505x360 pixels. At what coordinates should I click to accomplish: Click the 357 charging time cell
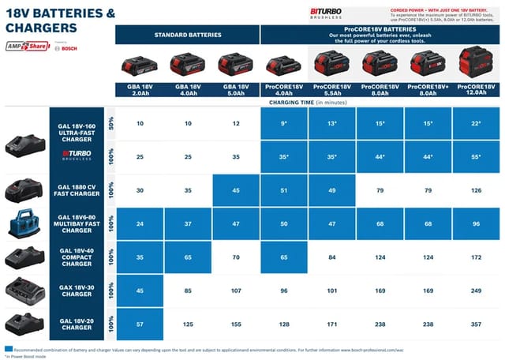coord(477,324)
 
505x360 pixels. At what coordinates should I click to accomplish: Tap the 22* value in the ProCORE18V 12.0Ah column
coord(477,123)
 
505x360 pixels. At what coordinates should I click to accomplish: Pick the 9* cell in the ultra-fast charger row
coord(285,123)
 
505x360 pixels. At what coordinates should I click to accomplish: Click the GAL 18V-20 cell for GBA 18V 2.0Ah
coord(140,324)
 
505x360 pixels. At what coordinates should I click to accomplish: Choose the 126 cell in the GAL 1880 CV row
coord(477,189)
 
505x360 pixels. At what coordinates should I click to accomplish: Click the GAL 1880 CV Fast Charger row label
coord(77,189)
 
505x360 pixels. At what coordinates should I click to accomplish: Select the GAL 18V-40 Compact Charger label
coord(77,257)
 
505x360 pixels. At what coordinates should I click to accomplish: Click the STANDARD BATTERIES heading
coord(188,34)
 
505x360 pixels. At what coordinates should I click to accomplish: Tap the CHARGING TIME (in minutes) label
coord(308,102)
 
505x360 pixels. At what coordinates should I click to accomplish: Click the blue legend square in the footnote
coord(8,347)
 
